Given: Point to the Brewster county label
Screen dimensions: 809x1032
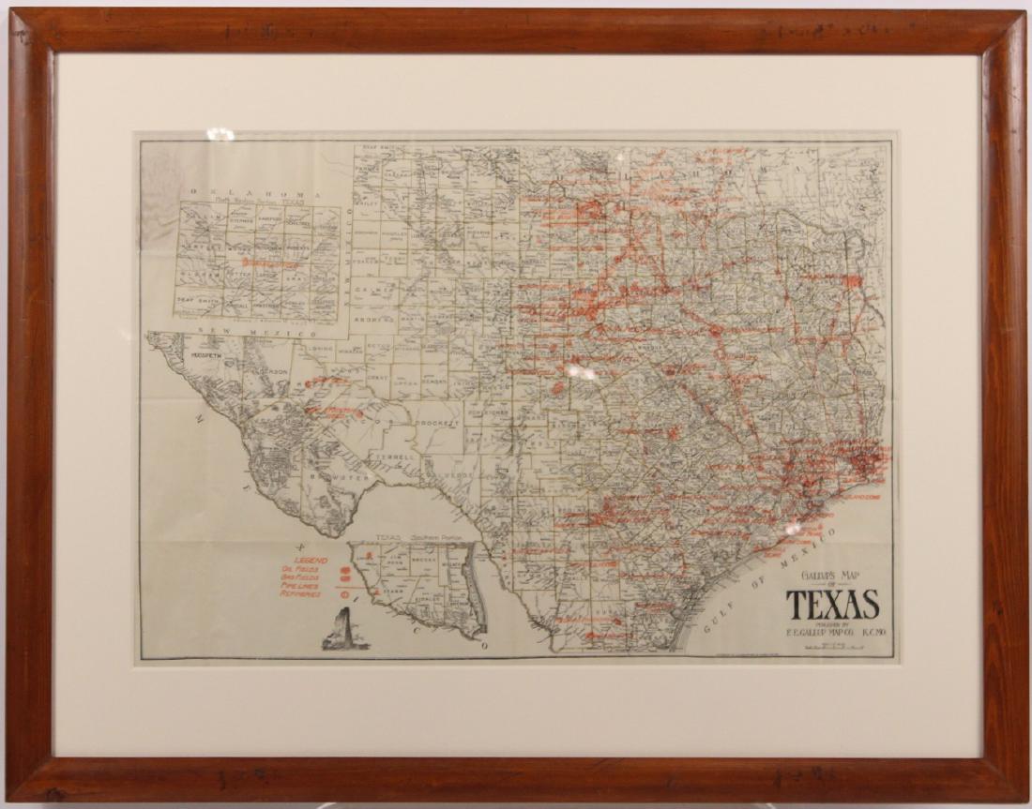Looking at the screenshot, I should pyautogui.click(x=341, y=477).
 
